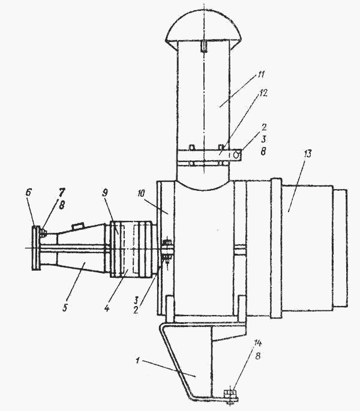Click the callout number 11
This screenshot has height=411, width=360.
click(260, 75)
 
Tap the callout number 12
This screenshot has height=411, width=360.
click(263, 93)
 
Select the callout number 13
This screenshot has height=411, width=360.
click(308, 154)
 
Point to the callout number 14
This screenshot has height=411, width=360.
click(258, 343)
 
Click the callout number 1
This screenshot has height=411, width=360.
click(137, 361)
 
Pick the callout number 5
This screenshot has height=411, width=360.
click(65, 307)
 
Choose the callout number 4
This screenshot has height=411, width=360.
click(106, 308)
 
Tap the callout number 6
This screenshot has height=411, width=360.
click(28, 193)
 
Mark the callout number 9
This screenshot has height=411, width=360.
click(104, 193)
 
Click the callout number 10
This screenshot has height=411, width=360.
click(140, 193)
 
